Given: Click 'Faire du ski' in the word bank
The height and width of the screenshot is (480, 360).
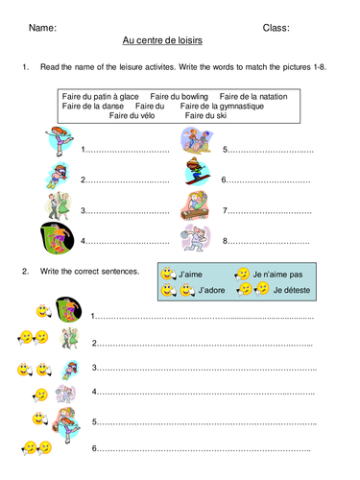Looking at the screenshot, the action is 206,115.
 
